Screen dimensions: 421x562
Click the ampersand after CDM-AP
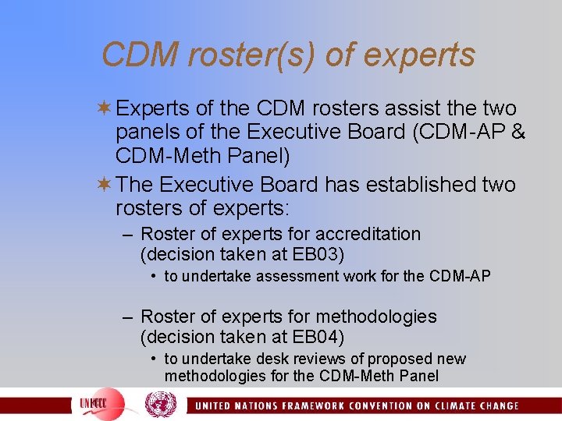pyautogui.click(x=518, y=133)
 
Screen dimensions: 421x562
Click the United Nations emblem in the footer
pyautogui.click(x=161, y=405)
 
